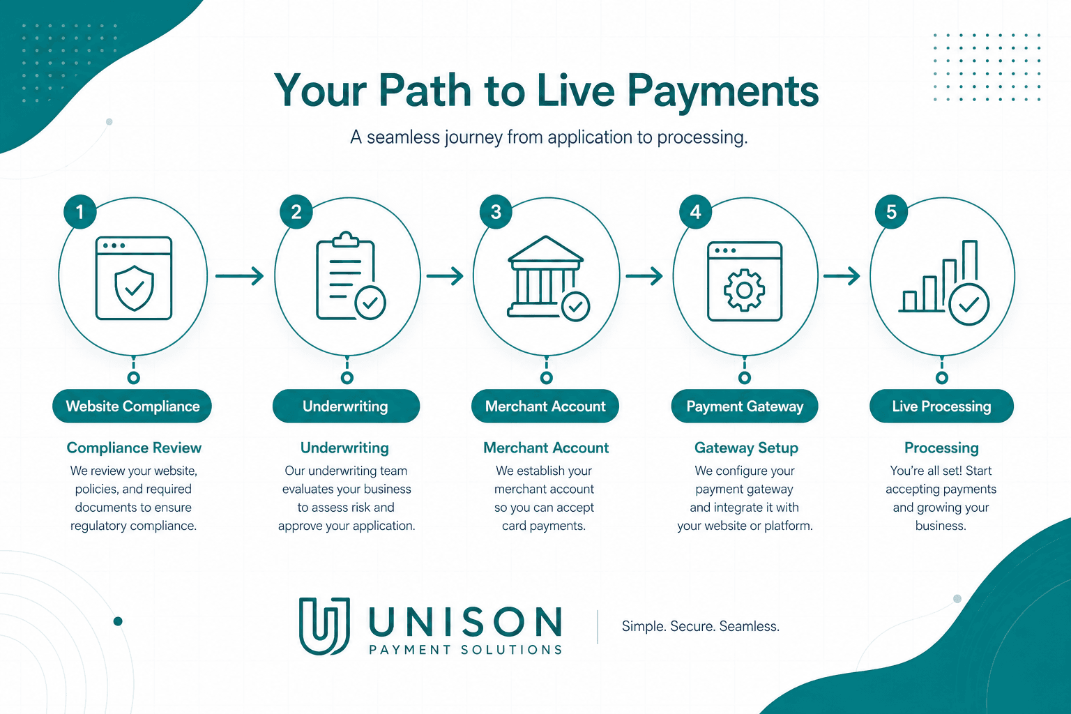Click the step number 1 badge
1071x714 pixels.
click(80, 211)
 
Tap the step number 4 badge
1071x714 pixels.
click(695, 211)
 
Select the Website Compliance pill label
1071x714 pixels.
click(132, 406)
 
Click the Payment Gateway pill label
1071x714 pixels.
click(745, 406)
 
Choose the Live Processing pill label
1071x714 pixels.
click(941, 406)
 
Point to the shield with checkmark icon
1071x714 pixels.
click(135, 288)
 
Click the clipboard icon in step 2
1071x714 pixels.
click(345, 275)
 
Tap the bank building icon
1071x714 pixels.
click(545, 276)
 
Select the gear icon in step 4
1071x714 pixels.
click(744, 290)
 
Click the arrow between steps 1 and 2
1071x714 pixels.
click(240, 276)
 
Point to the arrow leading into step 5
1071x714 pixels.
click(842, 276)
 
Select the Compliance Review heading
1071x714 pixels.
click(134, 448)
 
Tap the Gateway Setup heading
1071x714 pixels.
click(746, 448)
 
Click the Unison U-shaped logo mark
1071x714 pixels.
click(324, 625)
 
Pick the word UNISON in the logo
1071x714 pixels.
click(465, 622)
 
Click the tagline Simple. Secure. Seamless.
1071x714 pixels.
click(701, 626)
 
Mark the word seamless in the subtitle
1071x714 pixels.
click(403, 137)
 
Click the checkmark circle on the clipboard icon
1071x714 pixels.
click(370, 302)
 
